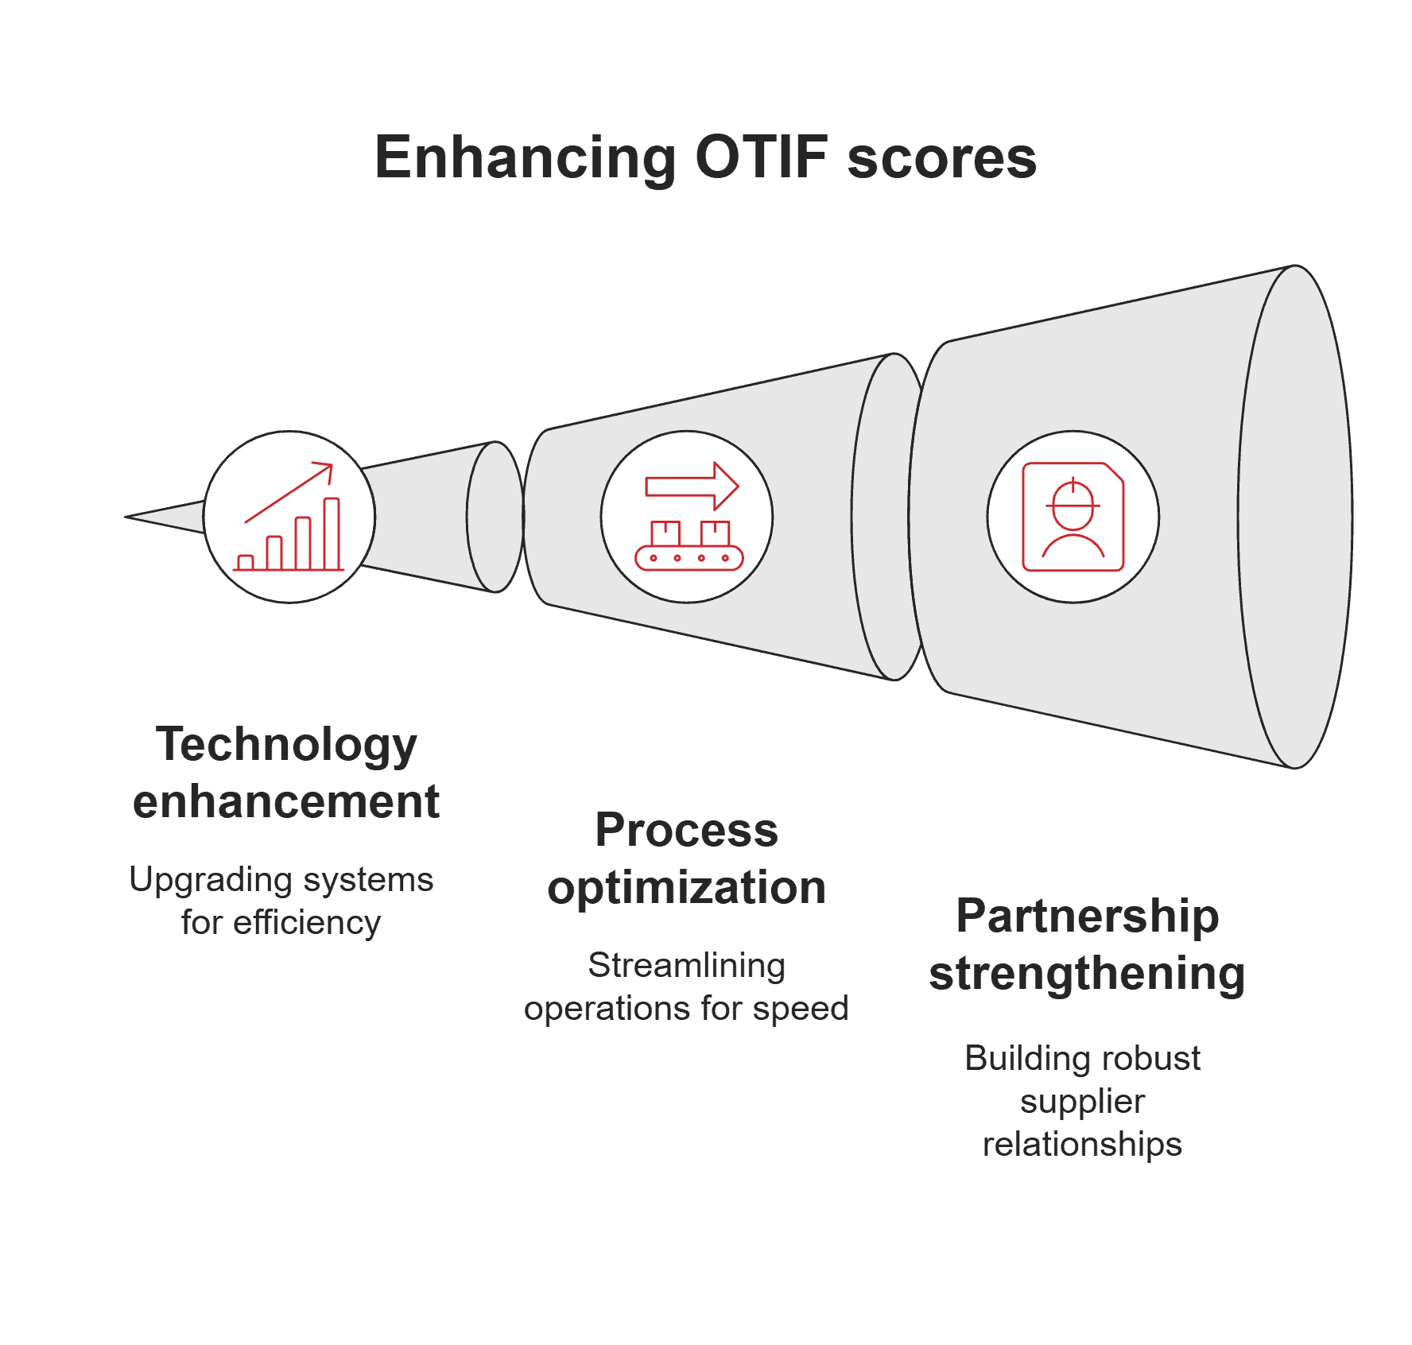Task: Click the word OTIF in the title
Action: [x=761, y=157]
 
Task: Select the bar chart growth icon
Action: [x=289, y=517]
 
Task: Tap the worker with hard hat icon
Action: [x=1073, y=517]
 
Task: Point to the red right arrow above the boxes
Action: [x=692, y=486]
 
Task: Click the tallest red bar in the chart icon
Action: [x=332, y=533]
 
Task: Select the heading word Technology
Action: [x=286, y=745]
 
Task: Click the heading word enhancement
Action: [x=286, y=801]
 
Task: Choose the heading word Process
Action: [x=686, y=830]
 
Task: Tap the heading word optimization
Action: [x=686, y=887]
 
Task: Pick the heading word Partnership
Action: [x=1087, y=916]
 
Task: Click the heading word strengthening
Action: [x=1087, y=973]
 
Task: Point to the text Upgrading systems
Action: [x=281, y=880]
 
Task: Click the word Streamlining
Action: [x=686, y=966]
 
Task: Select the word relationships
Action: [x=1082, y=1145]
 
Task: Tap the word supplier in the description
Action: [x=1082, y=1102]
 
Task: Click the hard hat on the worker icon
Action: [x=1073, y=498]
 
